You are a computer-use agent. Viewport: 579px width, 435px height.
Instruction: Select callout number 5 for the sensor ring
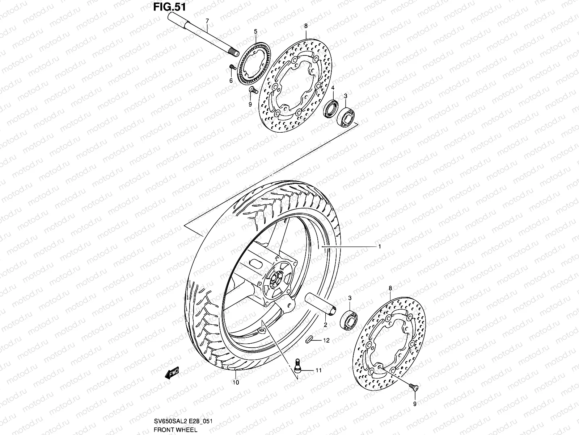click(255, 32)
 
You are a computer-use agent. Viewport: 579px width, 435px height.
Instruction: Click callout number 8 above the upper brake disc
click(306, 26)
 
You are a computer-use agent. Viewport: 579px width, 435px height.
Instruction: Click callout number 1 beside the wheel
click(379, 246)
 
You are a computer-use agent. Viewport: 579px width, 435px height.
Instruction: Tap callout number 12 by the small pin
click(326, 340)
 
